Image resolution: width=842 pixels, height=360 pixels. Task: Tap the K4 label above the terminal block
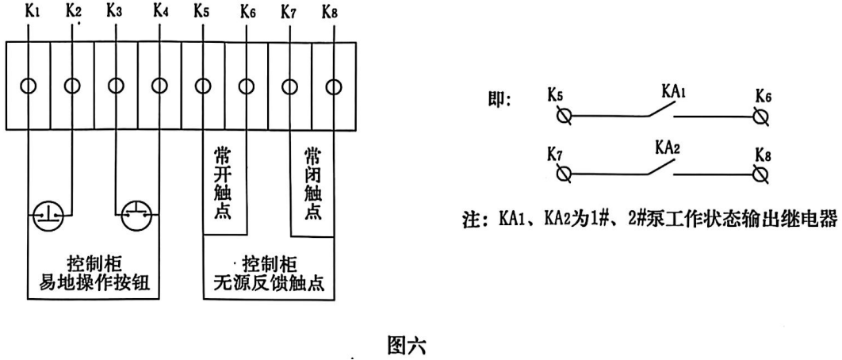161,11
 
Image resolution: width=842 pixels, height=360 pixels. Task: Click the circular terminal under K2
72,85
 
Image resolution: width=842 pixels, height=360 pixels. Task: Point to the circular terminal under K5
202,85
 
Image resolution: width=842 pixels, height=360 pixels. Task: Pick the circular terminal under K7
290,85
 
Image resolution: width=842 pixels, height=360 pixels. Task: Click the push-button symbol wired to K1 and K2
49,216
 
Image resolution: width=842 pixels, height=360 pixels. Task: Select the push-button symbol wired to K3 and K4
137,216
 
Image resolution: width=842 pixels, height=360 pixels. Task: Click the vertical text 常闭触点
312,182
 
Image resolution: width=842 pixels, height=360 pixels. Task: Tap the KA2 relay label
668,147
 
